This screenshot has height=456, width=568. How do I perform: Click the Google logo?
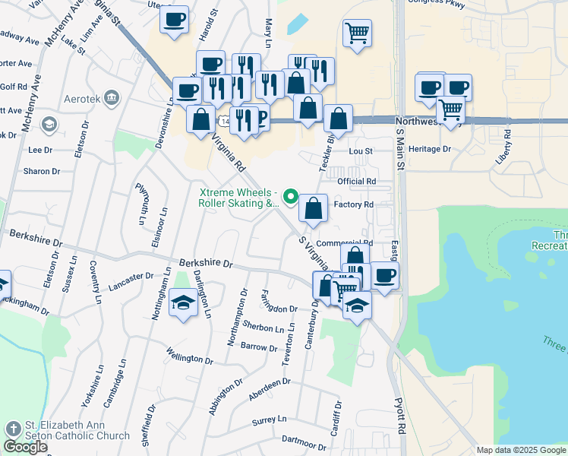25,447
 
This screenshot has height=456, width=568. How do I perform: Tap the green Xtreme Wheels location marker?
290,198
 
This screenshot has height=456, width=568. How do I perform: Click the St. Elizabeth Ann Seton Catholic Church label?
67,430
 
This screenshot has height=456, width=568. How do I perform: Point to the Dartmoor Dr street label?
304,439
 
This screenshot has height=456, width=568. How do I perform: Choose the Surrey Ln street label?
270,419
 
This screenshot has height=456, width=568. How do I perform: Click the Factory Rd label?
353,204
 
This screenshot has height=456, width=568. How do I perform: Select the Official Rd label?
357,182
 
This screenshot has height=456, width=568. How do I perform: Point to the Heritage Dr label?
430,149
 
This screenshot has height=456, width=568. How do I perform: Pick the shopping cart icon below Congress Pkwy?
357,33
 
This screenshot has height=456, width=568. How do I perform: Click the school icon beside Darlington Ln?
183,303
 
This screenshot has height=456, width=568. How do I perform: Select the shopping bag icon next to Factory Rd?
313,207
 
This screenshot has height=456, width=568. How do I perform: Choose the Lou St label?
361,151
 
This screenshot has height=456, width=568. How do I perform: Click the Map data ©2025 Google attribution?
520,450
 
